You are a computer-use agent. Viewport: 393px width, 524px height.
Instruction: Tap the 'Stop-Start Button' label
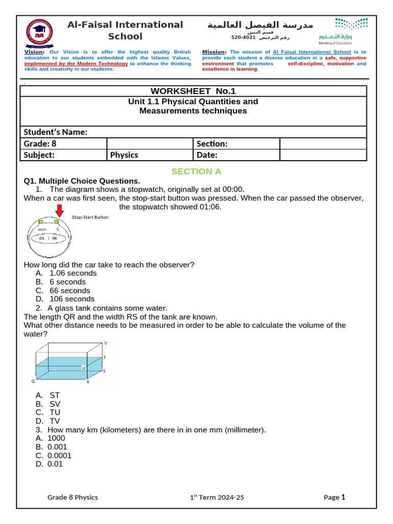(x=90, y=217)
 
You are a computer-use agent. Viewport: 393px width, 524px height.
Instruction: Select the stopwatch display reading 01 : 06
(x=48, y=238)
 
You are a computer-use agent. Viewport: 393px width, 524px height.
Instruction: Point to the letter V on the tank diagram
(x=105, y=343)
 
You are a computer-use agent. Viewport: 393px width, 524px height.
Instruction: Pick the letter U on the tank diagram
(x=83, y=368)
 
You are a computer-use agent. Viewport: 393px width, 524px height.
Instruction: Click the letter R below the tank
(x=88, y=382)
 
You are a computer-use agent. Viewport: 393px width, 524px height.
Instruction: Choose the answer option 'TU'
(x=55, y=412)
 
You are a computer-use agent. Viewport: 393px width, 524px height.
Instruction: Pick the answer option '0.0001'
(x=59, y=455)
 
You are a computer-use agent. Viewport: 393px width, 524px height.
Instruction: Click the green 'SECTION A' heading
(x=196, y=171)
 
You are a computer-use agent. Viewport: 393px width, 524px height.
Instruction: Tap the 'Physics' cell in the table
(x=124, y=155)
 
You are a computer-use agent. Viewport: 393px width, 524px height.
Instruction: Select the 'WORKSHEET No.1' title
(x=193, y=91)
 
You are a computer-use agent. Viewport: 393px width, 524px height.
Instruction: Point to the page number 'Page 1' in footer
(x=335, y=497)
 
